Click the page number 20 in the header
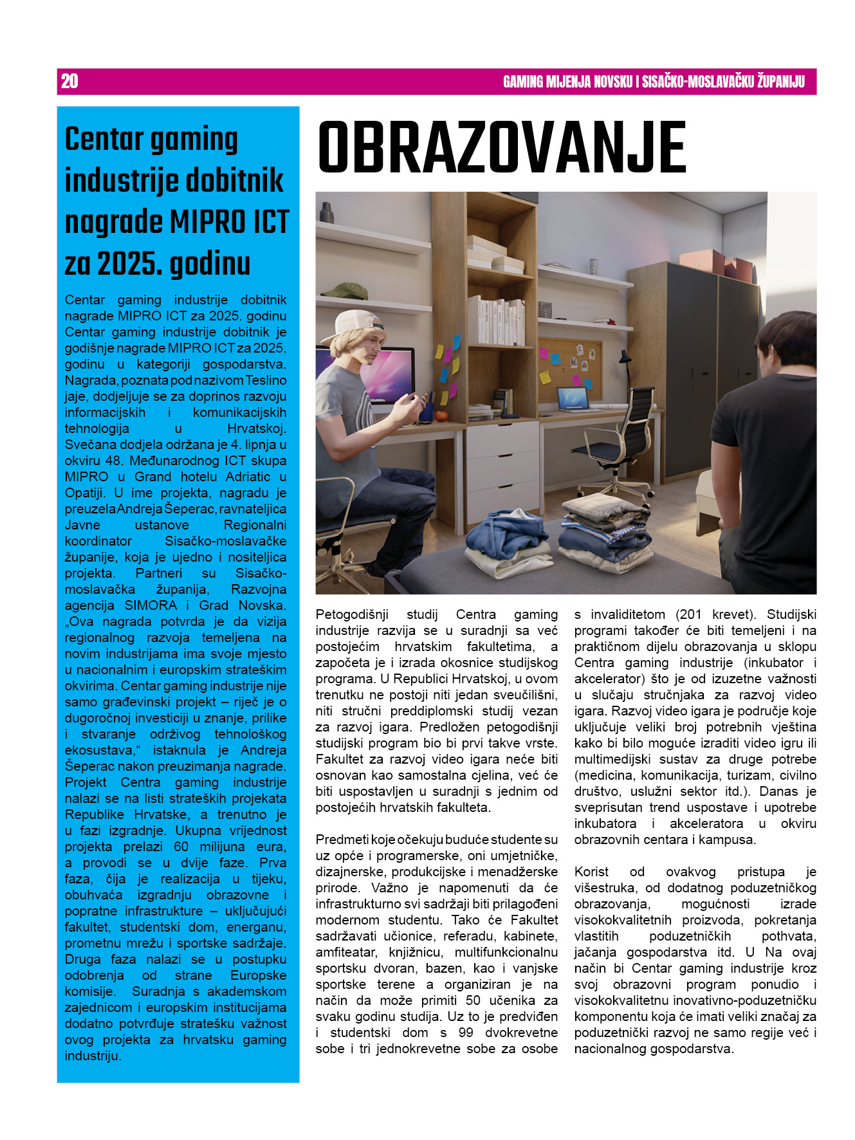69,81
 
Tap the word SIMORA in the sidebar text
151,605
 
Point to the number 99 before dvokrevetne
465,1033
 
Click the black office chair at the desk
618,437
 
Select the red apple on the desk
441,416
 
